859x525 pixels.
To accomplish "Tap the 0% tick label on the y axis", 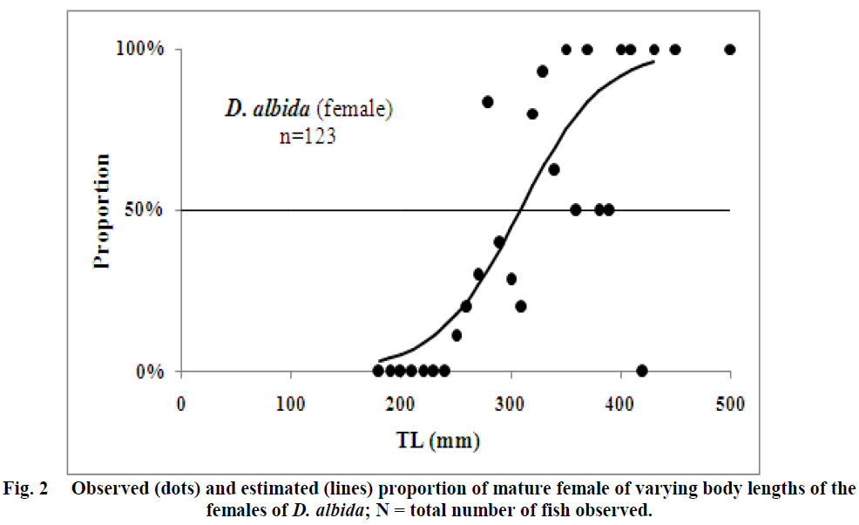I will (x=151, y=371).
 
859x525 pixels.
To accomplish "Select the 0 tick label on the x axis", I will (x=180, y=404).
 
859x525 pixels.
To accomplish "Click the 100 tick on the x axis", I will (x=290, y=404).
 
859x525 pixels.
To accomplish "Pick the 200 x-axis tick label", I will (x=400, y=404).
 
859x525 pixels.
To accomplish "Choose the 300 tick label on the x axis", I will (x=511, y=404).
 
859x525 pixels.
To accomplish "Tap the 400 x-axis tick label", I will (x=620, y=404).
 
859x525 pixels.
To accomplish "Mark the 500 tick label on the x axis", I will (x=730, y=404).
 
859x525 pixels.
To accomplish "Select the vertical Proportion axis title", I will (x=103, y=210).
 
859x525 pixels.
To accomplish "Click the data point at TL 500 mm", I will (x=730, y=50).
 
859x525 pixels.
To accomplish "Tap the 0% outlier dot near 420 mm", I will (x=642, y=371).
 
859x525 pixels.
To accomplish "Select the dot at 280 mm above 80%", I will (x=488, y=102).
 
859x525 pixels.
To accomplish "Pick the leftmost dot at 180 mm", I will (x=378, y=371).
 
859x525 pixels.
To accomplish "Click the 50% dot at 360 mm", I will (x=576, y=209).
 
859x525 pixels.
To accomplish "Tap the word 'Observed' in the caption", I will (x=109, y=487).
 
